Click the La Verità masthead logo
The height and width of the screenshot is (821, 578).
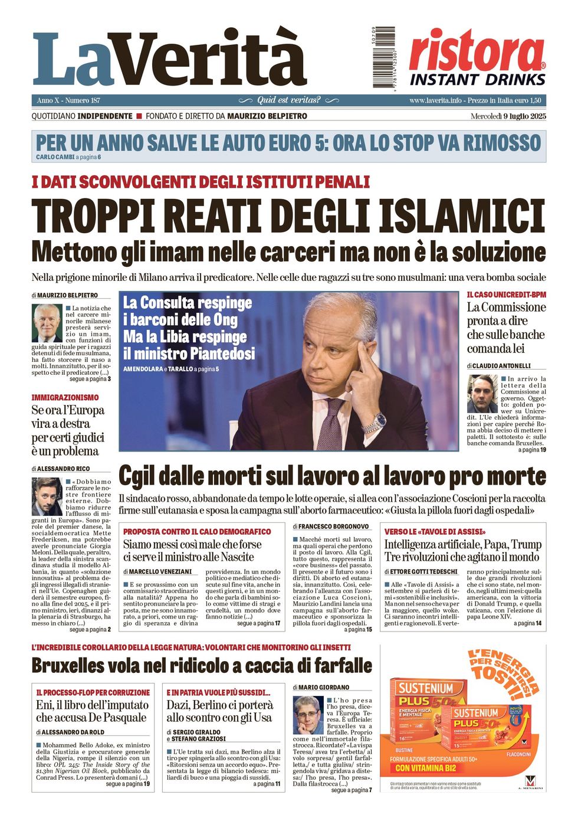pos(170,59)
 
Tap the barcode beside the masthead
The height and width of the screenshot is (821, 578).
pos(383,57)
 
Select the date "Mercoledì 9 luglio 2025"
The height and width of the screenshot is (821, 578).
pos(508,116)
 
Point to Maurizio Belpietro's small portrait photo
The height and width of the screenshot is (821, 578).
pos(47,323)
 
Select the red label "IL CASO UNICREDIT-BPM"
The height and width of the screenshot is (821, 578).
pos(506,295)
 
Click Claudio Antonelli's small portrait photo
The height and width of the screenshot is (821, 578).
pos(482,394)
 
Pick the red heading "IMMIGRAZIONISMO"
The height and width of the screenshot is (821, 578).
pos(65,397)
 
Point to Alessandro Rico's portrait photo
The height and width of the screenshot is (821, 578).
pos(47,496)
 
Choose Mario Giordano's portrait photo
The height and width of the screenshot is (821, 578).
pos(308,715)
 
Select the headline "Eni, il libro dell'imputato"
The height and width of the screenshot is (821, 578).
pos(92,705)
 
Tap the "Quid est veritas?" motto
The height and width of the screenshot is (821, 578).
pos(289,100)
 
